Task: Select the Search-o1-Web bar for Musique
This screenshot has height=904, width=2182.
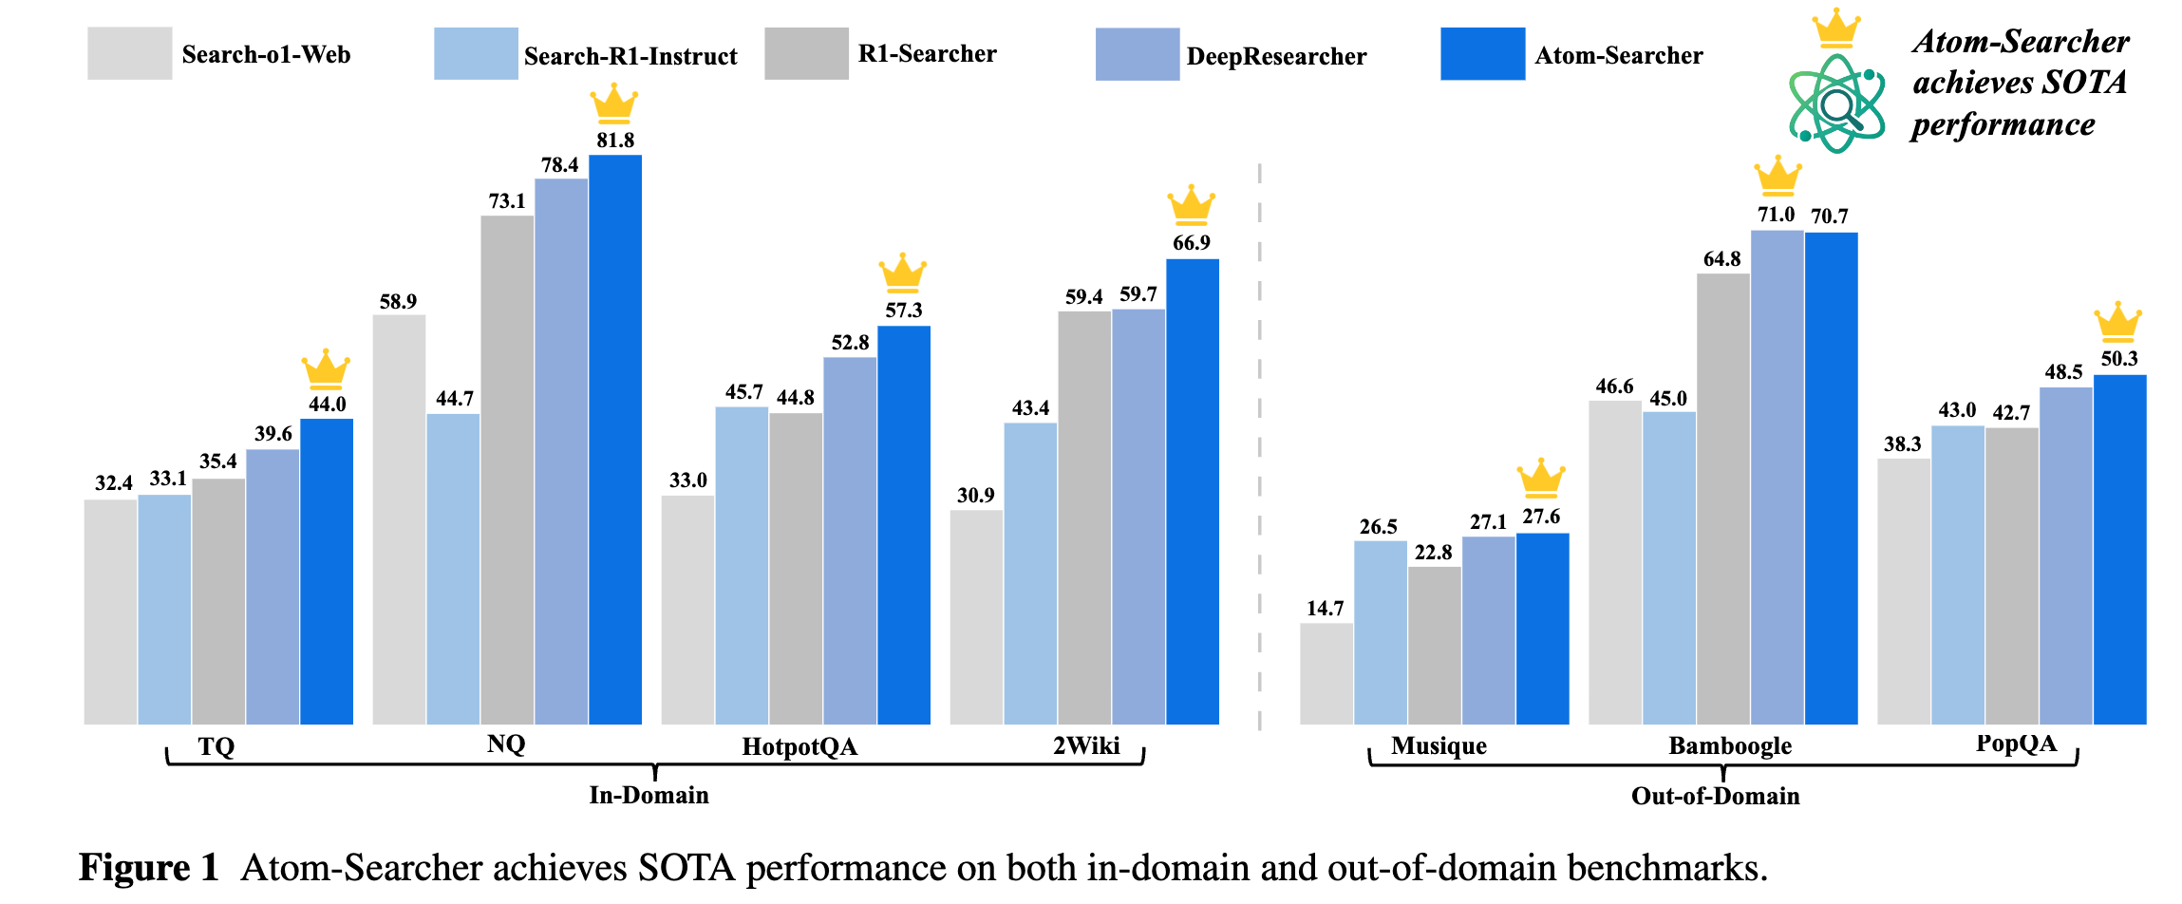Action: (1326, 673)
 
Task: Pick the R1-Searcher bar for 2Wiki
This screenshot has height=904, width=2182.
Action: (1084, 518)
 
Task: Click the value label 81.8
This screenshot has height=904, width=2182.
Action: (615, 141)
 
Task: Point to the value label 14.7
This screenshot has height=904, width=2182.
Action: (1325, 609)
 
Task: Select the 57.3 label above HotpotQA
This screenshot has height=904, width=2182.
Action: (903, 311)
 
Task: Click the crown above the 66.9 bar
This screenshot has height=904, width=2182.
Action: (1191, 204)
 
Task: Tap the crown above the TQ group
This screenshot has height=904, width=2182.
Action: (326, 368)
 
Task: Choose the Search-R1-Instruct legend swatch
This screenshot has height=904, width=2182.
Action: (476, 54)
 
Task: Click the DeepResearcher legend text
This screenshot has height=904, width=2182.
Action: (1276, 56)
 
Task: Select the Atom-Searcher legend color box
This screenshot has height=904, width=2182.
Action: (1482, 54)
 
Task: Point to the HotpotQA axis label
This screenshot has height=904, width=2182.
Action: (799, 747)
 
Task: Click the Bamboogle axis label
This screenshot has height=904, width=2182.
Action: (1730, 746)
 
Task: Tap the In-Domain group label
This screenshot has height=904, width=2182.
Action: (649, 795)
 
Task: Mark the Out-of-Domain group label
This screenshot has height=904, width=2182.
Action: (1715, 796)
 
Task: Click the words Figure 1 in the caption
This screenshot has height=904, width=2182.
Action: (148, 868)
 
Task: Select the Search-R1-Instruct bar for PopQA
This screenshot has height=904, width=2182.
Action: (1957, 574)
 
